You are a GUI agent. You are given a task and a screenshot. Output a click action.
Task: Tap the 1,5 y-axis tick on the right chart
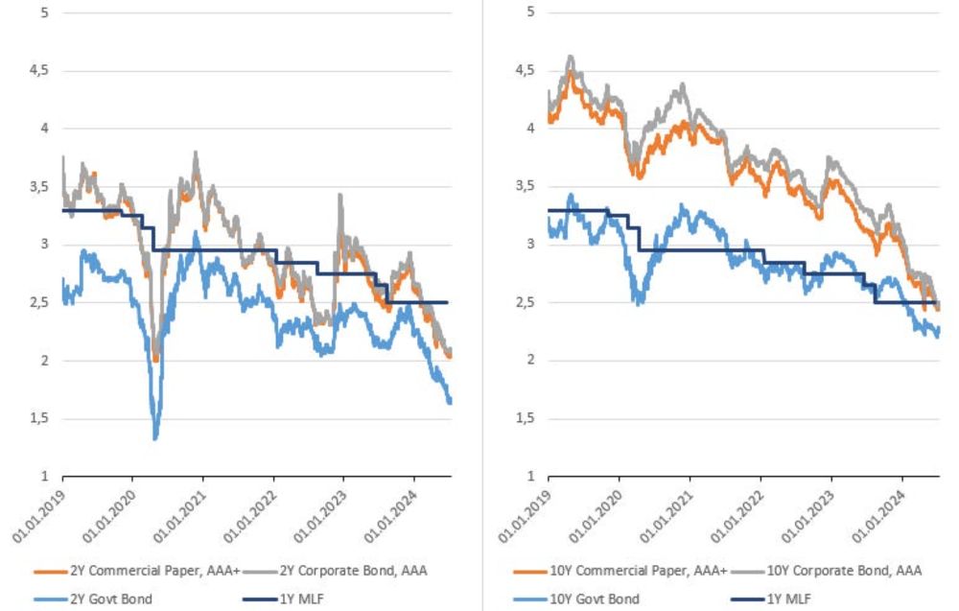tap(524, 419)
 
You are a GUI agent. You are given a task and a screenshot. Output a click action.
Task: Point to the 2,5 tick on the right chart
tap(524, 303)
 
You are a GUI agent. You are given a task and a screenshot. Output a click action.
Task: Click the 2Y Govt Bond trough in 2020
tap(155, 438)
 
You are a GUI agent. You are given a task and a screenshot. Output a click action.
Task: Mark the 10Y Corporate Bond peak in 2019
tap(571, 58)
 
